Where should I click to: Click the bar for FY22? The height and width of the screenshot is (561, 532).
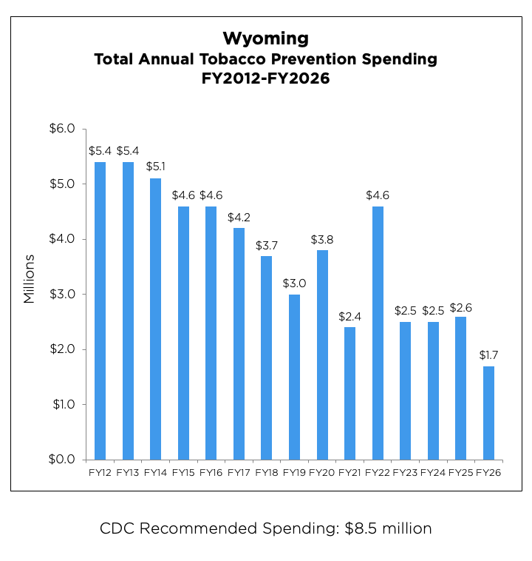click(x=378, y=333)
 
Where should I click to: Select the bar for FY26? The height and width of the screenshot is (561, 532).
click(x=488, y=413)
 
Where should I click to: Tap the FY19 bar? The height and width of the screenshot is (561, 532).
click(x=294, y=377)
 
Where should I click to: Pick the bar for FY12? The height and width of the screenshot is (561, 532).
click(x=100, y=311)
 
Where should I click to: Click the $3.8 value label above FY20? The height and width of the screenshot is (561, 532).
click(x=322, y=240)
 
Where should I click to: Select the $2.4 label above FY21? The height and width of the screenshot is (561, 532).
click(x=349, y=317)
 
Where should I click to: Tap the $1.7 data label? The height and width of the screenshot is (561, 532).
click(x=488, y=355)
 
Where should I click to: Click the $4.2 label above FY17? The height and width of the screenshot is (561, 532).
click(x=239, y=218)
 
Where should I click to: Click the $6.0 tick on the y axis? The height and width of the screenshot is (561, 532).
click(x=61, y=129)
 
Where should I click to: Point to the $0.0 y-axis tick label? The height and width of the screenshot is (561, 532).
click(x=61, y=460)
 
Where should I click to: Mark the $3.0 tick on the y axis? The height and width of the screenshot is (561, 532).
click(x=61, y=295)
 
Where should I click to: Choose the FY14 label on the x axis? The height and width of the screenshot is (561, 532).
click(x=155, y=472)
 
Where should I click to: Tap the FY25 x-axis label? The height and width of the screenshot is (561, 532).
click(x=460, y=472)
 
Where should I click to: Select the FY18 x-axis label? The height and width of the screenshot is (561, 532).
click(x=266, y=472)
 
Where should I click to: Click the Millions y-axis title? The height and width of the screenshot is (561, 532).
click(x=30, y=279)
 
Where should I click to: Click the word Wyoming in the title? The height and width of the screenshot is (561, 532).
click(x=265, y=38)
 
